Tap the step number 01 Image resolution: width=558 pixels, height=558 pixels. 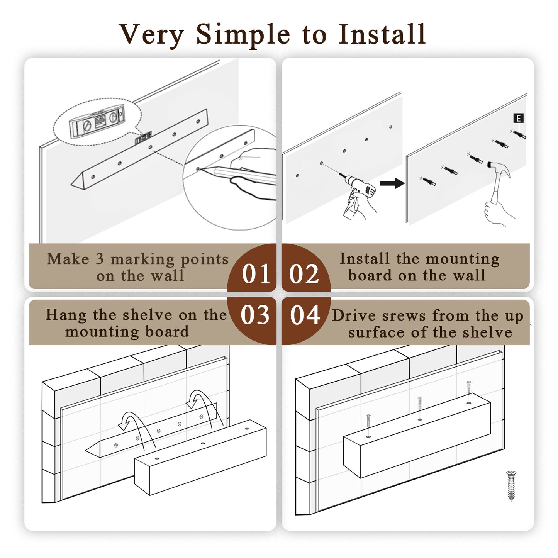click(256, 274)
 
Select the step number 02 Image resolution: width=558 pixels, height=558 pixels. click(304, 274)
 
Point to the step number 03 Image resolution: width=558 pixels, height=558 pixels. click(255, 315)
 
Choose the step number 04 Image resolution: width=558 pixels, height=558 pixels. click(305, 315)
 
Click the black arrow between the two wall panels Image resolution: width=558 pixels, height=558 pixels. click(392, 183)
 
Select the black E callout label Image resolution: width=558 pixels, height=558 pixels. click(518, 118)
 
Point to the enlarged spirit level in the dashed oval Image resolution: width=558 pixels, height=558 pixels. click(97, 124)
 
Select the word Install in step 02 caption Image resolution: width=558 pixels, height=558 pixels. click(364, 259)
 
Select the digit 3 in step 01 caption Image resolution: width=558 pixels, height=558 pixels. click(100, 259)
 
